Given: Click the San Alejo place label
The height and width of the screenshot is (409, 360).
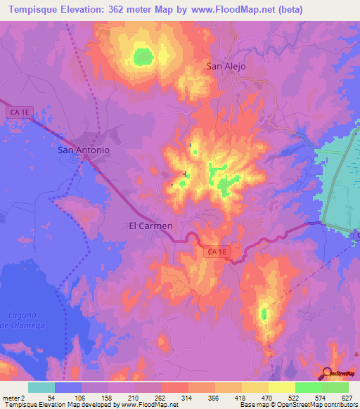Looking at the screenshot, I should click(x=228, y=67).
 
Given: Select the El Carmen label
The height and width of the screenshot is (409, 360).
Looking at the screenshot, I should click(x=150, y=226).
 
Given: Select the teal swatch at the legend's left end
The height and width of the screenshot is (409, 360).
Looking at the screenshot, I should click(x=41, y=387).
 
